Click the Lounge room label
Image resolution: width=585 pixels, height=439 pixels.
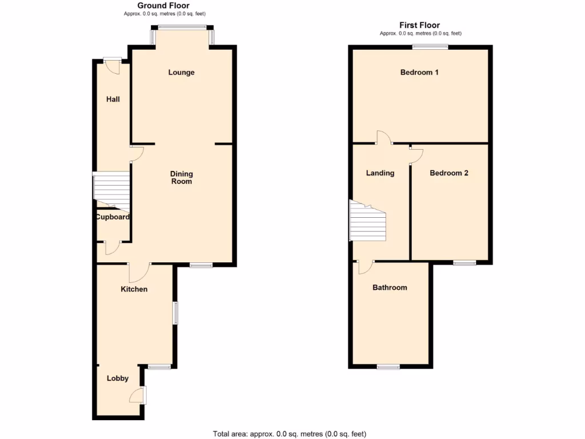(x=181, y=73)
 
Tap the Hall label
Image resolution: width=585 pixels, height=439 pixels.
(x=113, y=99)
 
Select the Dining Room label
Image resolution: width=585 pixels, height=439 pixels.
(x=182, y=178)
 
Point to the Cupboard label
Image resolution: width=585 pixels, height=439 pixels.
(x=113, y=217)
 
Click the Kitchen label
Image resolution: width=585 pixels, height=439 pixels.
(x=134, y=289)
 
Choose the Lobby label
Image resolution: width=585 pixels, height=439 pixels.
(x=118, y=378)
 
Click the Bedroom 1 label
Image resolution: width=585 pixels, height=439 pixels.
(x=419, y=73)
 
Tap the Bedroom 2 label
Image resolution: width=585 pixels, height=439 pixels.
(x=449, y=173)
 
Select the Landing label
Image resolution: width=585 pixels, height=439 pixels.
(x=380, y=173)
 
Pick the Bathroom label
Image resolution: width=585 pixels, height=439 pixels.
(x=390, y=288)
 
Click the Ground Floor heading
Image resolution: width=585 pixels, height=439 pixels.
(x=163, y=6)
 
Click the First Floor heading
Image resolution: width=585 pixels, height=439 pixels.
(x=419, y=25)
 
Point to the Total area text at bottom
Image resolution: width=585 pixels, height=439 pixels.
(x=290, y=434)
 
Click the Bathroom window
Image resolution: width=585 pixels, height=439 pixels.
(x=388, y=366)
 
